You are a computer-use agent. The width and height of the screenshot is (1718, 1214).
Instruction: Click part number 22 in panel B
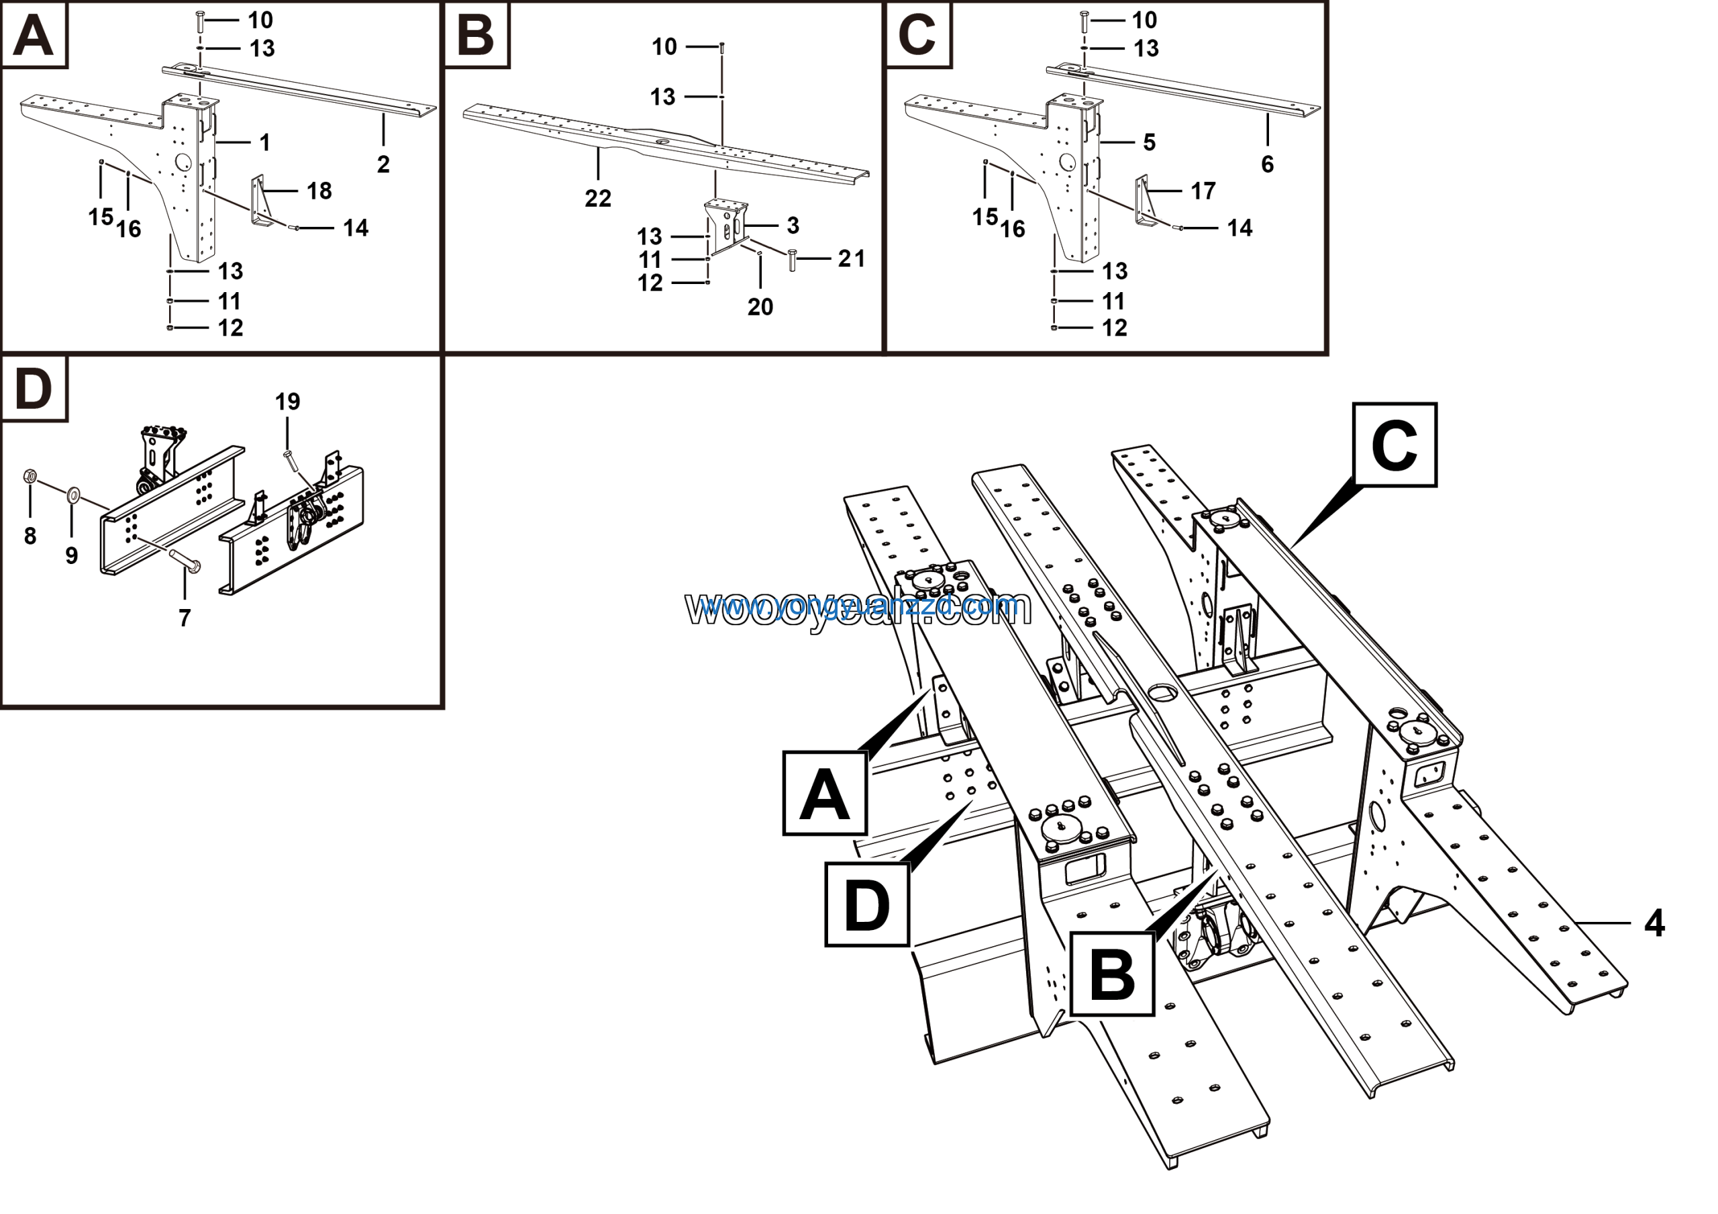tap(598, 198)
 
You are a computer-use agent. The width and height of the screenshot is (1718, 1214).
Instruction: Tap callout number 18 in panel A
tap(319, 191)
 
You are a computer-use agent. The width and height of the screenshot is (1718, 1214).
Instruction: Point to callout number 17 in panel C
tap(1203, 191)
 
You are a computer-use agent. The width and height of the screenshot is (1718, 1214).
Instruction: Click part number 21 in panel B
tap(852, 259)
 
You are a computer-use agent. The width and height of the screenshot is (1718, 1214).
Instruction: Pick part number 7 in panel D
tap(185, 618)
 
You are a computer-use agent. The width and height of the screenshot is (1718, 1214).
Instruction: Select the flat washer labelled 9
tap(74, 494)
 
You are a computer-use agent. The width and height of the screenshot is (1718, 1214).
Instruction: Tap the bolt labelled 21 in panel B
tap(793, 261)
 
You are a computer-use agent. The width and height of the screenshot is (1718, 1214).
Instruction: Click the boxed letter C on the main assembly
tap(1395, 445)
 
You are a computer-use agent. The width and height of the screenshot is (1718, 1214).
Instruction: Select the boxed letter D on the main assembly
tap(867, 905)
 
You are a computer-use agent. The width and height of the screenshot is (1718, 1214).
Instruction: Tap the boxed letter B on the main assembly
tap(1113, 974)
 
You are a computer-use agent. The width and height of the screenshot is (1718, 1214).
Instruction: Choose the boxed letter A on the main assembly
tap(825, 794)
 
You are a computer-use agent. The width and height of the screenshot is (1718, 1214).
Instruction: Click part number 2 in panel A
tap(383, 164)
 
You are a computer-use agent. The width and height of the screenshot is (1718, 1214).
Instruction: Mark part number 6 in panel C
tap(1268, 164)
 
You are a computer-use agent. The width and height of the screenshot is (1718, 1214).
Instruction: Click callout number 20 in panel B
tap(760, 306)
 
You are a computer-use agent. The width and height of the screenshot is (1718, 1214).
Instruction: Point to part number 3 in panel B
tap(793, 226)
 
